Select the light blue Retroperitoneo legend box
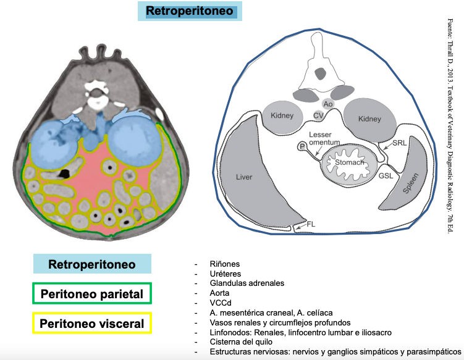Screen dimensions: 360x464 [92, 264]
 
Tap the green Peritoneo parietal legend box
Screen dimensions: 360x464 [92, 294]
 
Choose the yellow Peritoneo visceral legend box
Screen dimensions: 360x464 [92, 323]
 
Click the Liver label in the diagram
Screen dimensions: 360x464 [245, 177]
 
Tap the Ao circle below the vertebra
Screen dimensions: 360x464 [329, 104]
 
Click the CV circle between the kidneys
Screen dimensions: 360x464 [319, 115]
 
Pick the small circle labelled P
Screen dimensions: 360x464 [302, 146]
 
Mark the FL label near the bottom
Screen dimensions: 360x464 [311, 225]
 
